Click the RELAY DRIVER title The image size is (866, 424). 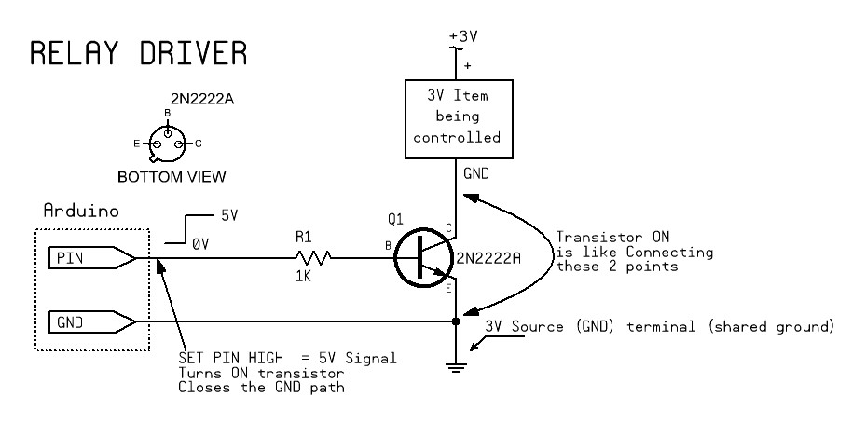(139, 53)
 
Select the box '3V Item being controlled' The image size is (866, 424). (456, 116)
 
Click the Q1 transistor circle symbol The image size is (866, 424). (424, 258)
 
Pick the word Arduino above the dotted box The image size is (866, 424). (78, 212)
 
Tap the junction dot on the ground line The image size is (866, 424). (456, 322)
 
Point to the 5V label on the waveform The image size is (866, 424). (228, 214)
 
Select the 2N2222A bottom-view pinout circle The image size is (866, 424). (168, 143)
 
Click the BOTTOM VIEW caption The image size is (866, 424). (171, 176)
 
